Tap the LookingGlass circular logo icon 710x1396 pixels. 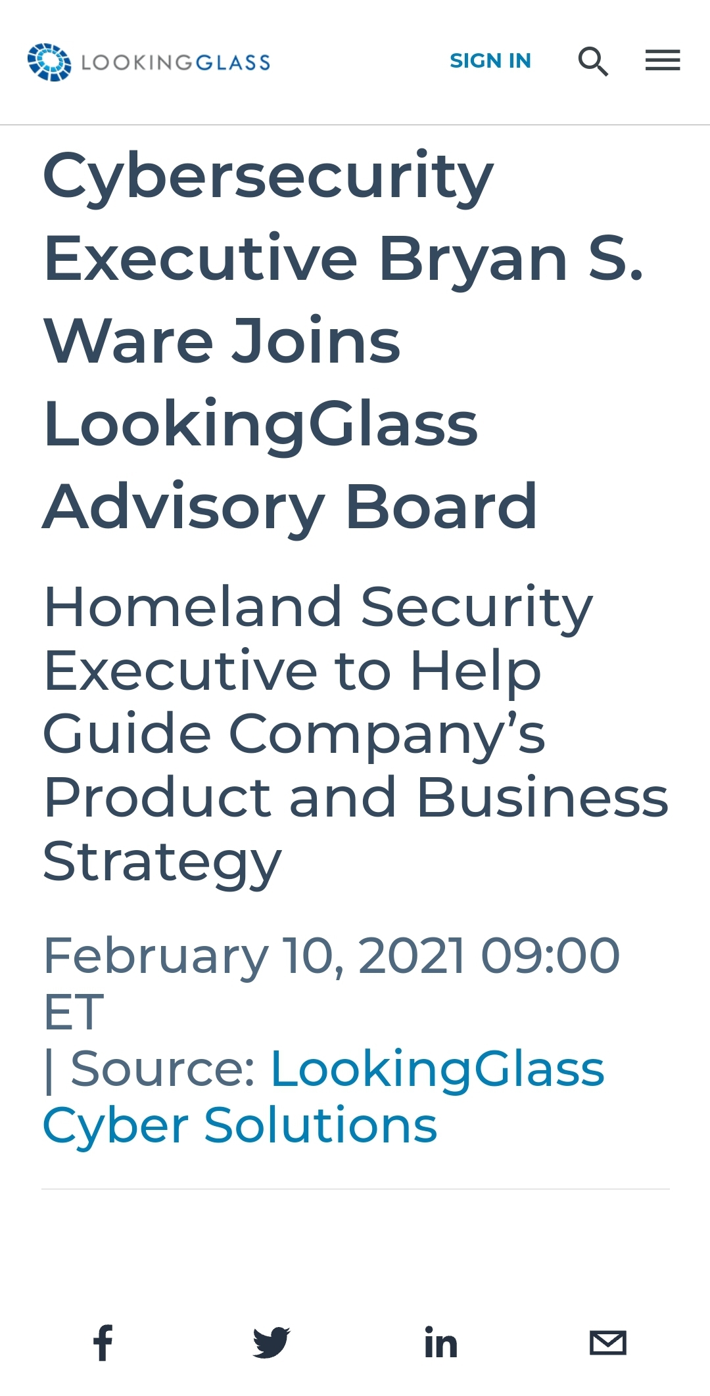click(x=49, y=62)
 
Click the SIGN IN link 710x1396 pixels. click(x=490, y=60)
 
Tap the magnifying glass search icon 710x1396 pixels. click(x=593, y=62)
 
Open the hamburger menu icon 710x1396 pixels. click(x=663, y=60)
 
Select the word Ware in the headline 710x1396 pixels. click(x=129, y=341)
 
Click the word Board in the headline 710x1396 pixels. click(x=442, y=506)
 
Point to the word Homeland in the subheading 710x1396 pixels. click(x=193, y=607)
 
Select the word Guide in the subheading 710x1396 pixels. click(x=127, y=734)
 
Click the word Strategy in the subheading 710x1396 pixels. click(x=162, y=863)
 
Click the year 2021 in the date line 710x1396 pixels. click(x=412, y=956)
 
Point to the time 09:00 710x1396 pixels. click(x=551, y=956)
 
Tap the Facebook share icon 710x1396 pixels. click(x=103, y=1343)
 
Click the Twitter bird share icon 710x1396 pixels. click(x=272, y=1343)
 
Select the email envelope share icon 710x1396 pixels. click(x=608, y=1343)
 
